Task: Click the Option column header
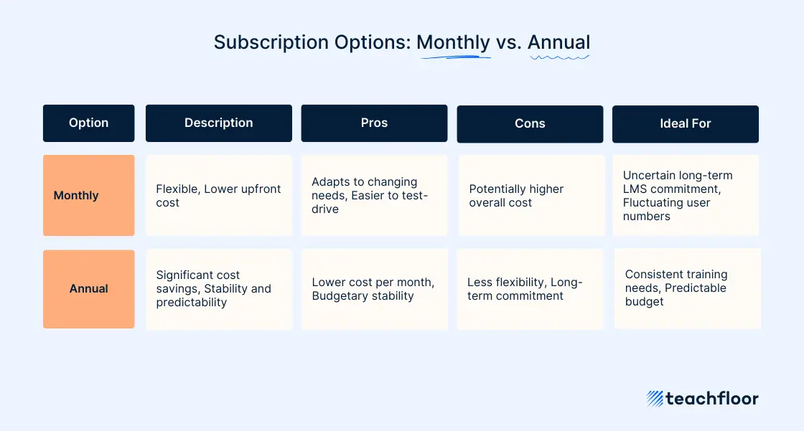pos(88,123)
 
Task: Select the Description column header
pos(218,123)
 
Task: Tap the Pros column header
pos(374,123)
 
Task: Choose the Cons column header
pos(530,124)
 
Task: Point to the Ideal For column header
pos(685,124)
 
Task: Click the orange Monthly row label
pos(88,195)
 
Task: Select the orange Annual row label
pos(88,289)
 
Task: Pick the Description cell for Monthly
pos(218,195)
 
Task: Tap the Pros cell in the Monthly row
pos(374,195)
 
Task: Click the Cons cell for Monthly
pos(531,195)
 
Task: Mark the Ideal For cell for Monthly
pos(685,195)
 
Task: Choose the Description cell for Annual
pos(219,289)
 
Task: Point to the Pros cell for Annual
pos(374,289)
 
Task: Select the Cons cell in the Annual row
pos(530,289)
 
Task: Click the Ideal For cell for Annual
pos(687,288)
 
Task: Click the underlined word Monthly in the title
pos(453,42)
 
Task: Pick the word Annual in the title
pos(558,42)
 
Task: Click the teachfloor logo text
pos(711,399)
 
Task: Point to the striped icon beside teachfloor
pos(654,399)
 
